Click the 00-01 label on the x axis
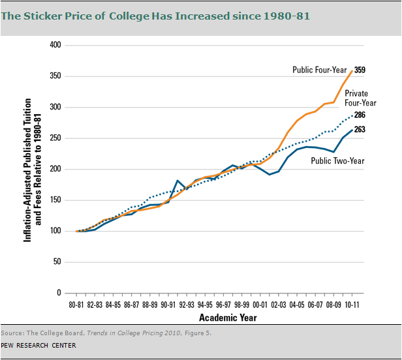click(x=262, y=305)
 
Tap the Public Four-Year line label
click(x=320, y=70)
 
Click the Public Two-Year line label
click(x=337, y=160)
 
